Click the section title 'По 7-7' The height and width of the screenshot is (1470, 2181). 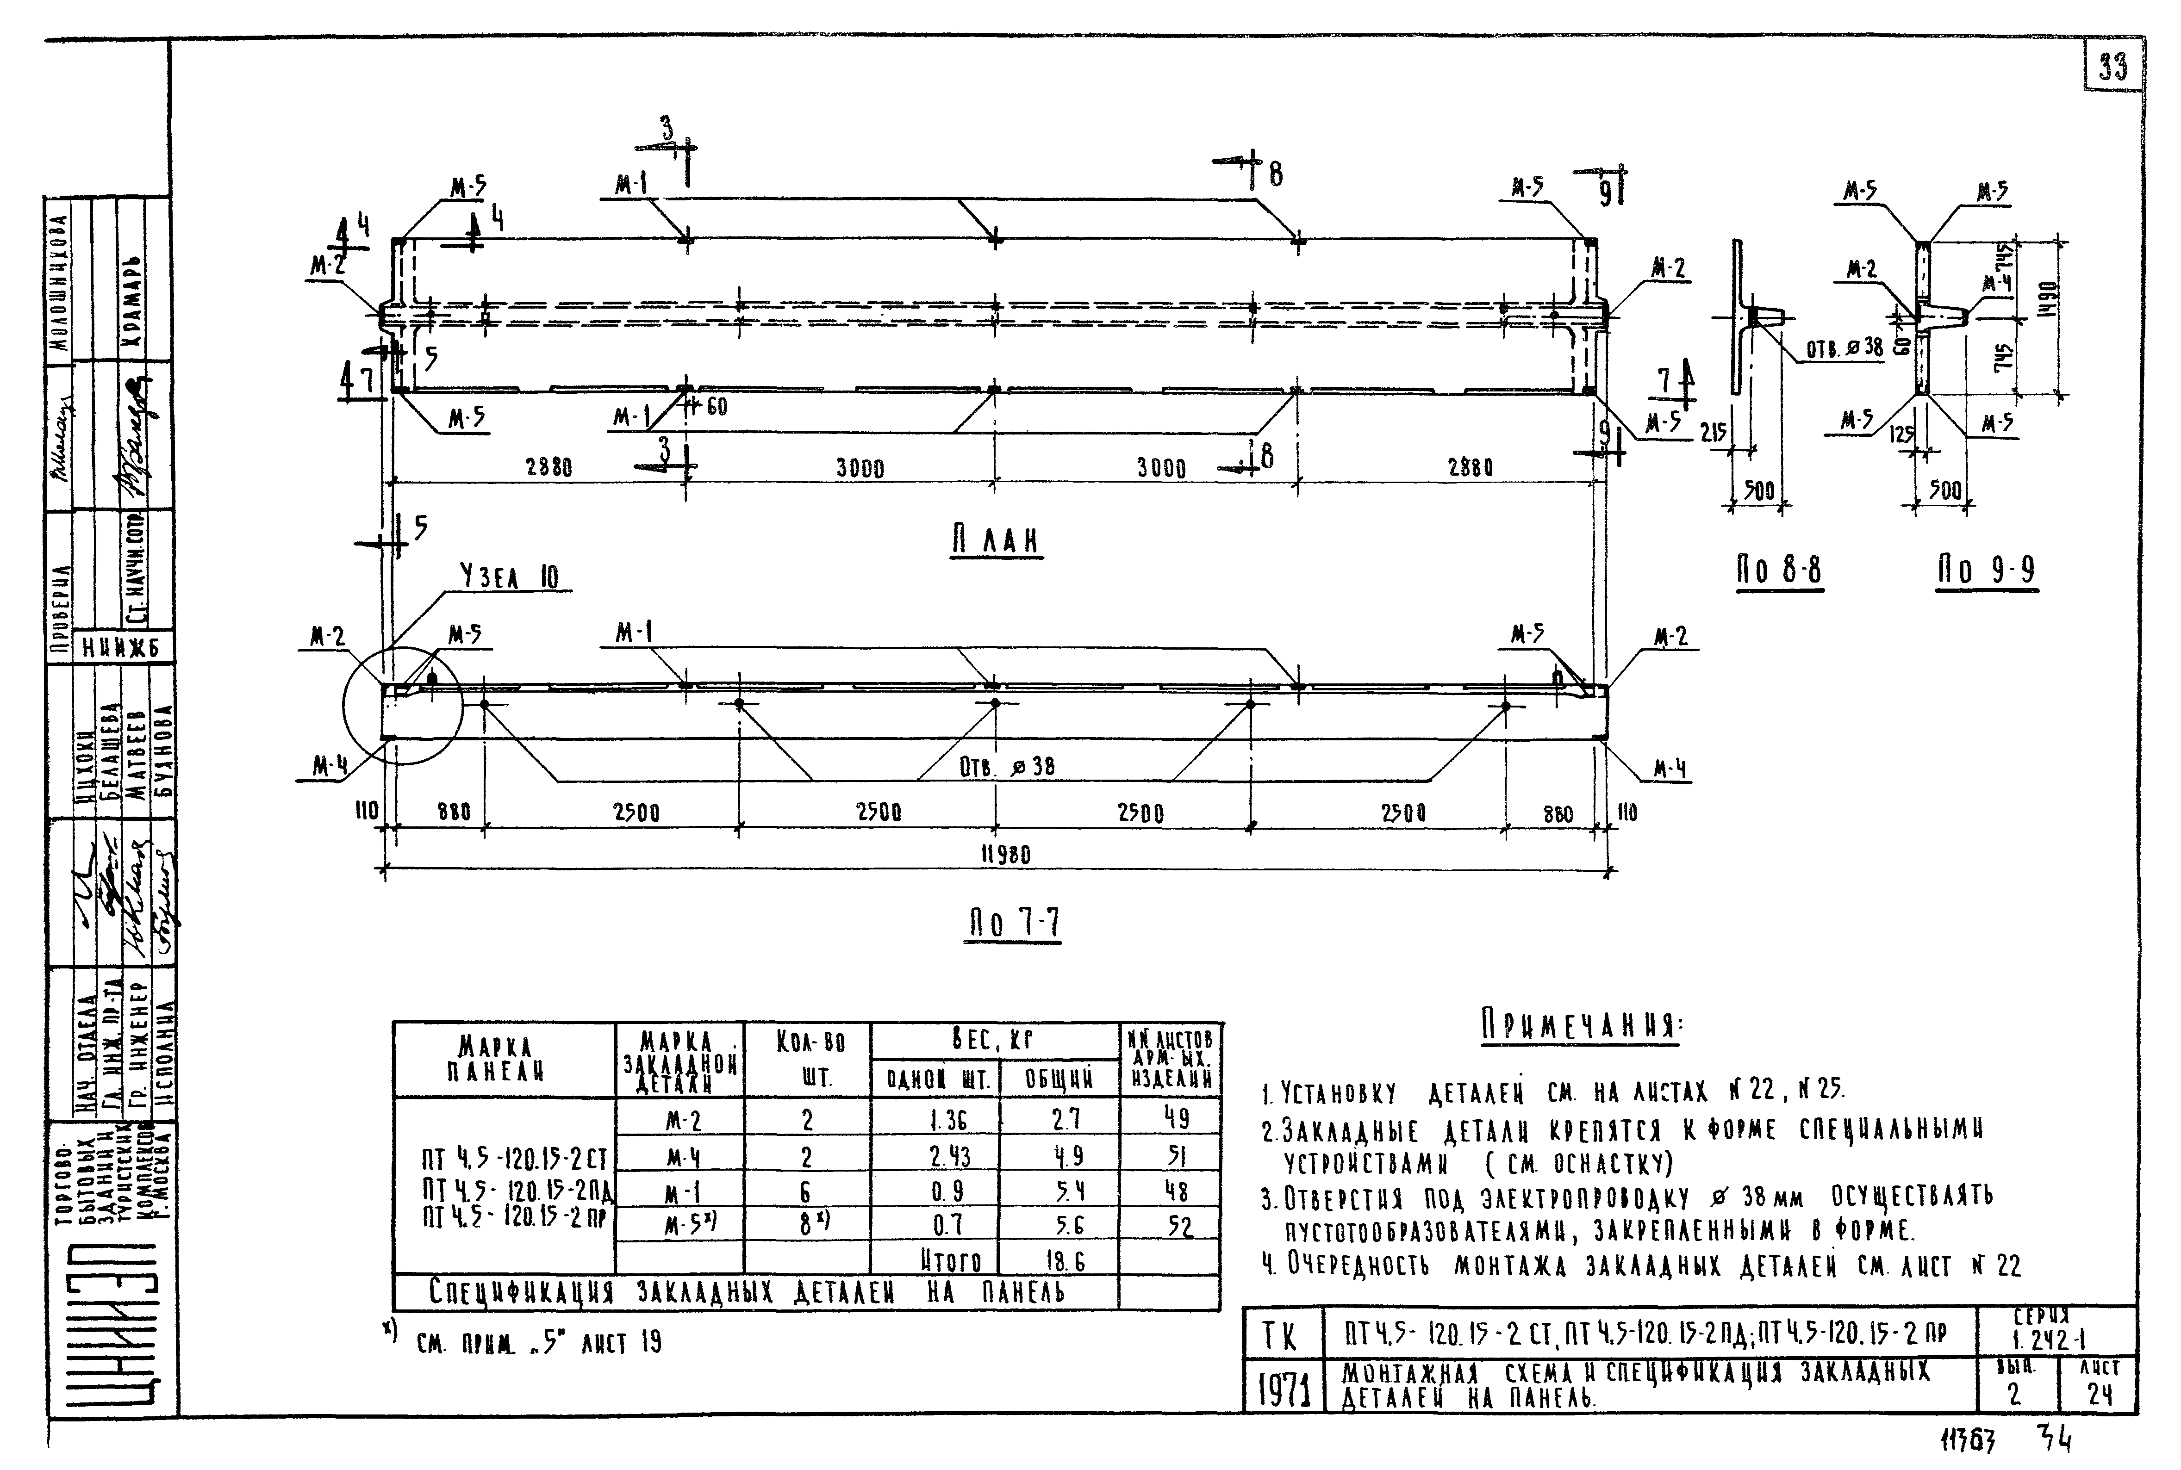point(1014,924)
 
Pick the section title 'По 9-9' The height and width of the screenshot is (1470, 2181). point(1986,570)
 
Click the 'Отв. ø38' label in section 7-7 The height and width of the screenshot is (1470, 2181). point(1006,767)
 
